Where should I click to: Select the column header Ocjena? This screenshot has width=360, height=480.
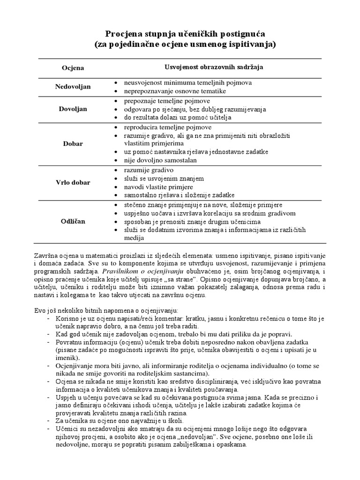coord(73,67)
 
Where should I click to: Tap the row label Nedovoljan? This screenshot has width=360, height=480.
coord(73,87)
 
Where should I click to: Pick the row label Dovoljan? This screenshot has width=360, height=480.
coord(73,109)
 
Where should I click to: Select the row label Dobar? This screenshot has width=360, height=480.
coord(73,143)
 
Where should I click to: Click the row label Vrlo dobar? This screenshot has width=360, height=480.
coord(73,182)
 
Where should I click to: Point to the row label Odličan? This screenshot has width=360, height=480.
coord(73,221)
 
